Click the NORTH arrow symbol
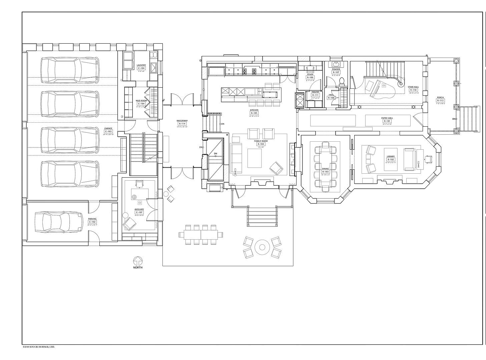click(x=138, y=261)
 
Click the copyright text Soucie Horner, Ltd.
click(x=38, y=347)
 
